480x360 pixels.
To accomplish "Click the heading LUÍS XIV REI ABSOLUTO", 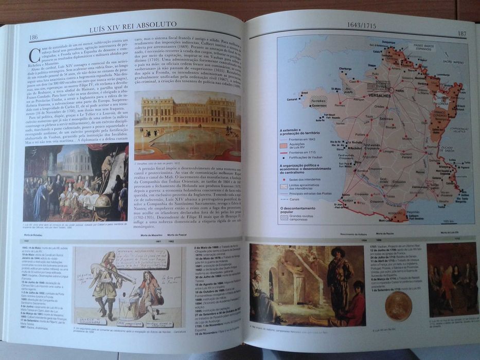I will coord(133,24).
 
